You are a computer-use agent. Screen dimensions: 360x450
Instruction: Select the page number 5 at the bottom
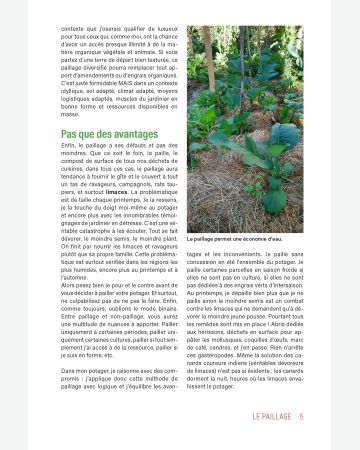301,416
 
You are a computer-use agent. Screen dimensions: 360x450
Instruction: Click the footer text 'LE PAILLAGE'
271,416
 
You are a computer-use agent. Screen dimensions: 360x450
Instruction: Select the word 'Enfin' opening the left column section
70,145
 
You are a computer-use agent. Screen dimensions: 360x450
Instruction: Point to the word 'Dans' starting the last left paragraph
70,370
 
